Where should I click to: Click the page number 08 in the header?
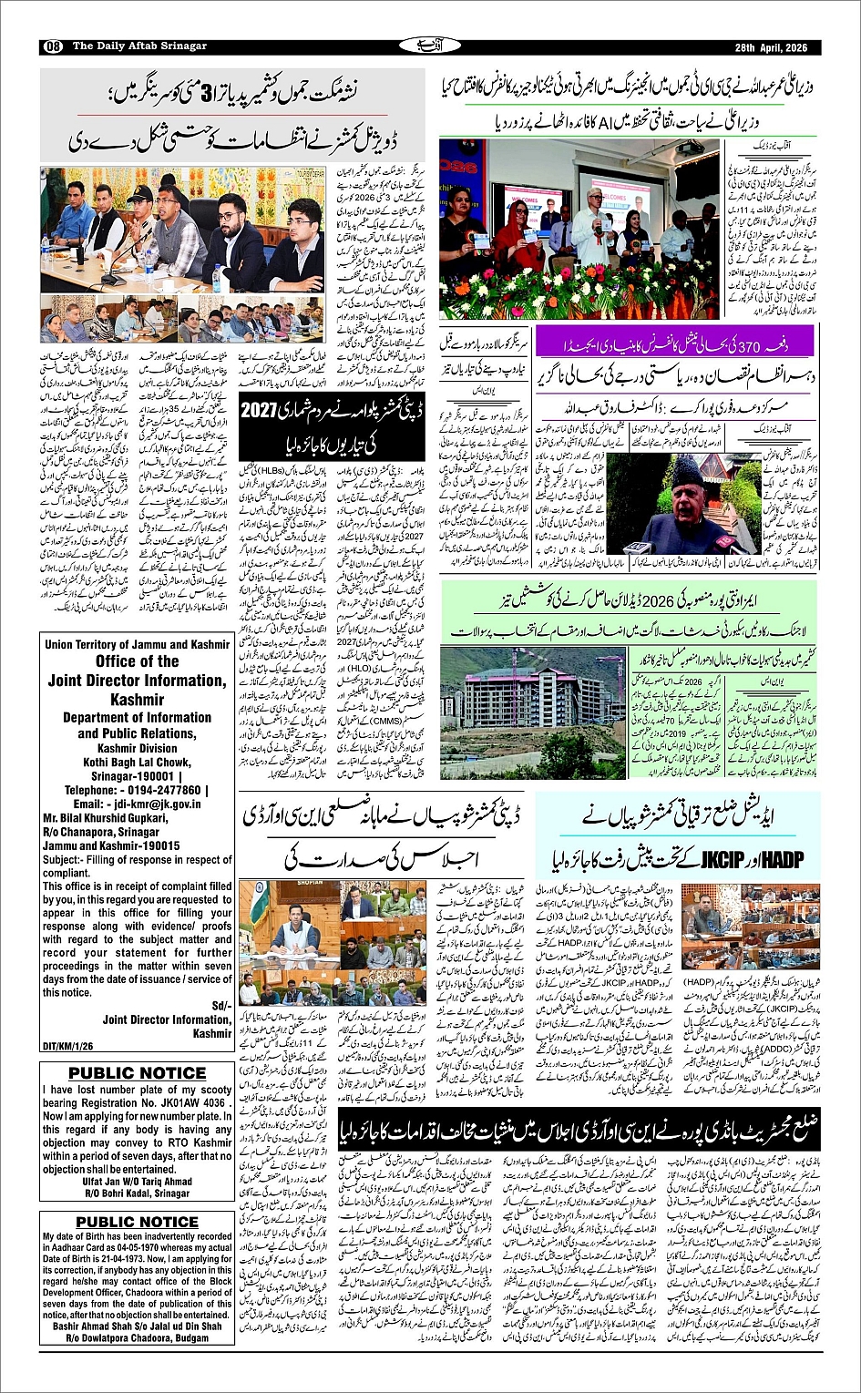(52, 46)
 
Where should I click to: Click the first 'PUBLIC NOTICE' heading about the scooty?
(137, 1072)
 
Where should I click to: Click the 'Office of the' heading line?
(137, 661)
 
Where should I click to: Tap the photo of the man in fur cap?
(675, 505)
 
